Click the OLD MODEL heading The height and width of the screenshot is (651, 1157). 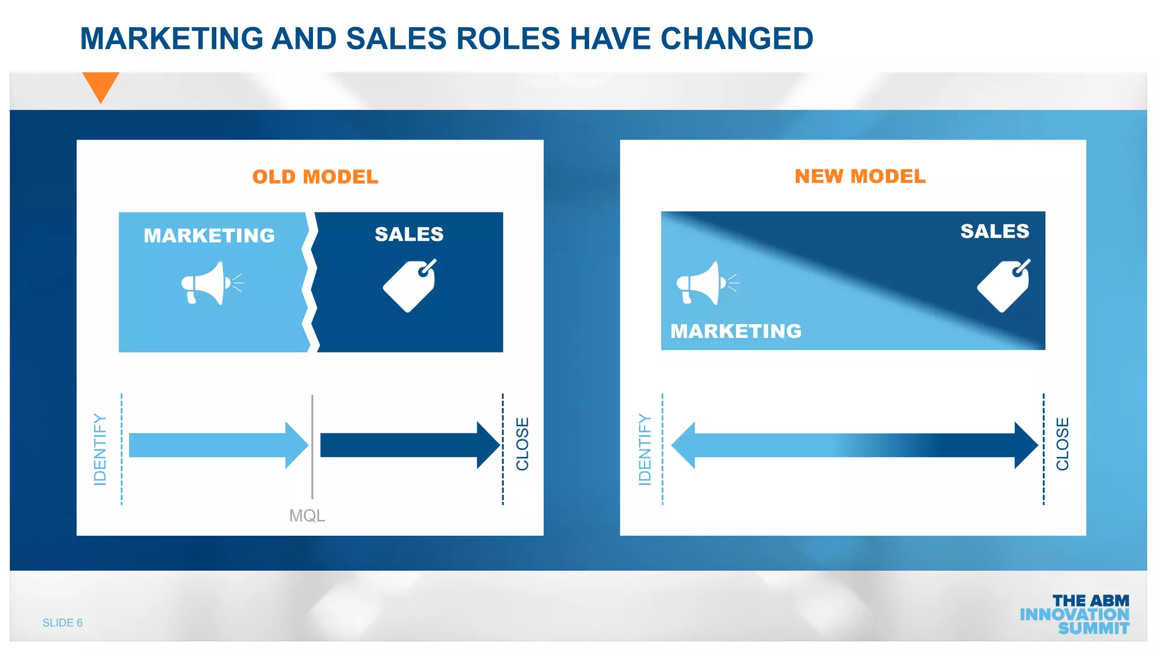(315, 177)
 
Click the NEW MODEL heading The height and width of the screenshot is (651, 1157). (860, 176)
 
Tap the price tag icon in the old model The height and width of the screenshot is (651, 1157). (410, 285)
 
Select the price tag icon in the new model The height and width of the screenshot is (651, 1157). (1004, 285)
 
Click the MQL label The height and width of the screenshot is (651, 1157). (307, 515)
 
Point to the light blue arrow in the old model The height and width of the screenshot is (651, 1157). (218, 445)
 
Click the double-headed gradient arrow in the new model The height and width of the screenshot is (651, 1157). (854, 445)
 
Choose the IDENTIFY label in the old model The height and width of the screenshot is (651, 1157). (100, 449)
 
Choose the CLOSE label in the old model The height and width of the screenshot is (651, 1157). (523, 444)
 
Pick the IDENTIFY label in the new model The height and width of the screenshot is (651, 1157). (645, 449)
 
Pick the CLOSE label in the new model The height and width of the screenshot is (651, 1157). (1063, 444)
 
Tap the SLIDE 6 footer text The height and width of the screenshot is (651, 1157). (63, 623)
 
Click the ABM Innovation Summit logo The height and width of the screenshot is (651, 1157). (1075, 614)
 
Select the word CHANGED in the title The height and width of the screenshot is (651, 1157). (737, 38)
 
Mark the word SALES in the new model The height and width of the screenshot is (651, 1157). (995, 231)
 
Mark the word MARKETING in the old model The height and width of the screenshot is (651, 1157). (209, 236)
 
